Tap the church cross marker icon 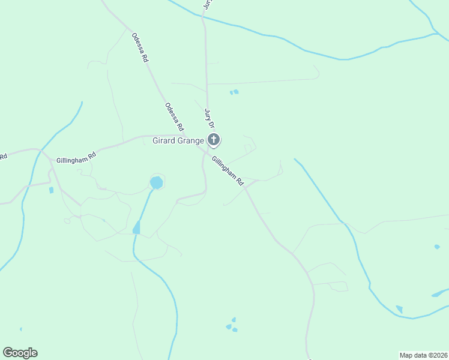pyautogui.click(x=214, y=140)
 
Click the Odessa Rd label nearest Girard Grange pyautogui.click(x=175, y=116)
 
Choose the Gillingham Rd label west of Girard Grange pyautogui.click(x=76, y=158)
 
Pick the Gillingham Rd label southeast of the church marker pyautogui.click(x=228, y=170)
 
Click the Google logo pyautogui.click(x=20, y=353)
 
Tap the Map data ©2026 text pyautogui.click(x=423, y=355)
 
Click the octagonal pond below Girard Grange pyautogui.click(x=157, y=181)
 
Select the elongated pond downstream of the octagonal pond pyautogui.click(x=137, y=227)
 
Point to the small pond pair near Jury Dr pyautogui.click(x=234, y=92)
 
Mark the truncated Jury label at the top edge pyautogui.click(x=208, y=4)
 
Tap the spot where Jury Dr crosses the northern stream pyautogui.click(x=205, y=18)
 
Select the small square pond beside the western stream pyautogui.click(x=51, y=190)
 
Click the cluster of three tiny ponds pyautogui.click(x=232, y=325)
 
